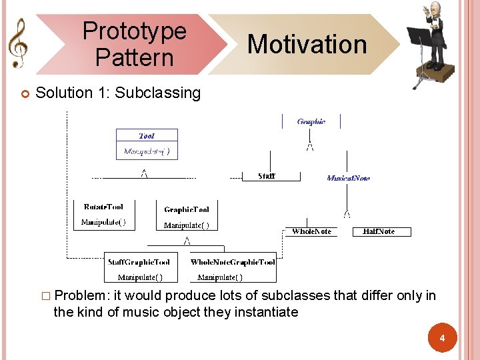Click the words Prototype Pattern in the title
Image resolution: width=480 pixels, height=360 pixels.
pos(134,44)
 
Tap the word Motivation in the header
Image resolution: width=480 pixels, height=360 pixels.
pos(307,45)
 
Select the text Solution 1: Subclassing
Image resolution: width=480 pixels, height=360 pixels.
pos(118,93)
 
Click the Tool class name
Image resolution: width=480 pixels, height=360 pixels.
pos(147,135)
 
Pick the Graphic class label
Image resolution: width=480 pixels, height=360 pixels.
pos(311,121)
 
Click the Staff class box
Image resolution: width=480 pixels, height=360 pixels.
pos(267,176)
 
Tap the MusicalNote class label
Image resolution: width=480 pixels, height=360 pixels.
pos(348,178)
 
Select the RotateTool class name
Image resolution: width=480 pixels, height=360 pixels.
pos(103,207)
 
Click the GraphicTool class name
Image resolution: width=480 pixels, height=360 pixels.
pos(187,209)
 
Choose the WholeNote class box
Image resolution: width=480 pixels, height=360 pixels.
pos(312,231)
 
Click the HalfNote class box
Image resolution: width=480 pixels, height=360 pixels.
pos(379,231)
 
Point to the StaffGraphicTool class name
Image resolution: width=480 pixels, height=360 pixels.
pos(139,262)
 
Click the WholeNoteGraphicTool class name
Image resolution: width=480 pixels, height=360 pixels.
pos(233,262)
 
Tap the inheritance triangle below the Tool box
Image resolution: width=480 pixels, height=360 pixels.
pos(143,174)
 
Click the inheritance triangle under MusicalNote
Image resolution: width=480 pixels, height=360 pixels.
pos(347,213)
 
